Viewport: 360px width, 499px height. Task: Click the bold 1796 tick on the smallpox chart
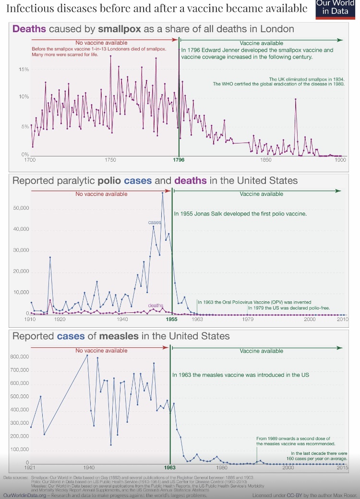pos(179,160)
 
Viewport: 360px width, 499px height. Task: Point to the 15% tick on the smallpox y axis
pos(24,70)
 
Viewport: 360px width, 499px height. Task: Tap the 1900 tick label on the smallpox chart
pos(340,160)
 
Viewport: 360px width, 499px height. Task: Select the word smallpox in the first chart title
pos(121,29)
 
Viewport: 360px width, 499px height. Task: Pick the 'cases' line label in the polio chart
pos(155,223)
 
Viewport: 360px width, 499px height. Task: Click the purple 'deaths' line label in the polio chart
pos(156,305)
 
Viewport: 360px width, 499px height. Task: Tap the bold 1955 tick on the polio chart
pos(171,319)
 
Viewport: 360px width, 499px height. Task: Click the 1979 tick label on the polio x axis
pos(248,319)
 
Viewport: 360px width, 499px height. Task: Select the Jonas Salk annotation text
pos(240,213)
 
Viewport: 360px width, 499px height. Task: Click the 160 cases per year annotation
pos(319,456)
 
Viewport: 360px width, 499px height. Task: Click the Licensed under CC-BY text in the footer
pos(281,495)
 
